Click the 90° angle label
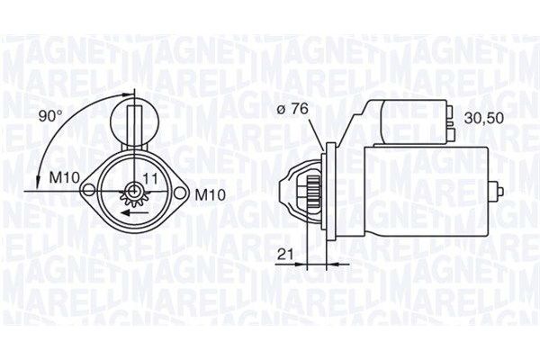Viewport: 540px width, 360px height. [49, 115]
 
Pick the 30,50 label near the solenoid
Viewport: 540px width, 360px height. [483, 118]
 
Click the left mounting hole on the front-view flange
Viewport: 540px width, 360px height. [89, 190]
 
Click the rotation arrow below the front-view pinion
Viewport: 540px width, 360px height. [135, 215]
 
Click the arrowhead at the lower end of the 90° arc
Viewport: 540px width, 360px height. [38, 184]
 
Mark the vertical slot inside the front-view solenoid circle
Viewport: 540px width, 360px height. [134, 126]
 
